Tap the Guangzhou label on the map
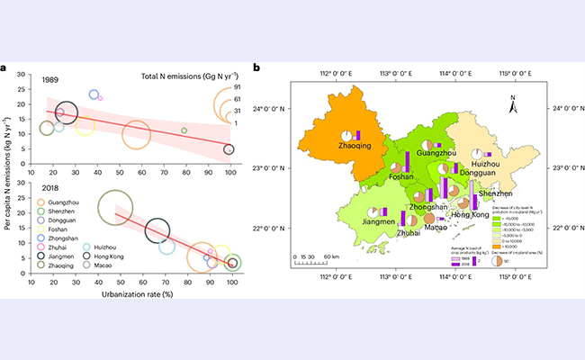[x=437, y=154]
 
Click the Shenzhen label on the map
[x=497, y=193]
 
